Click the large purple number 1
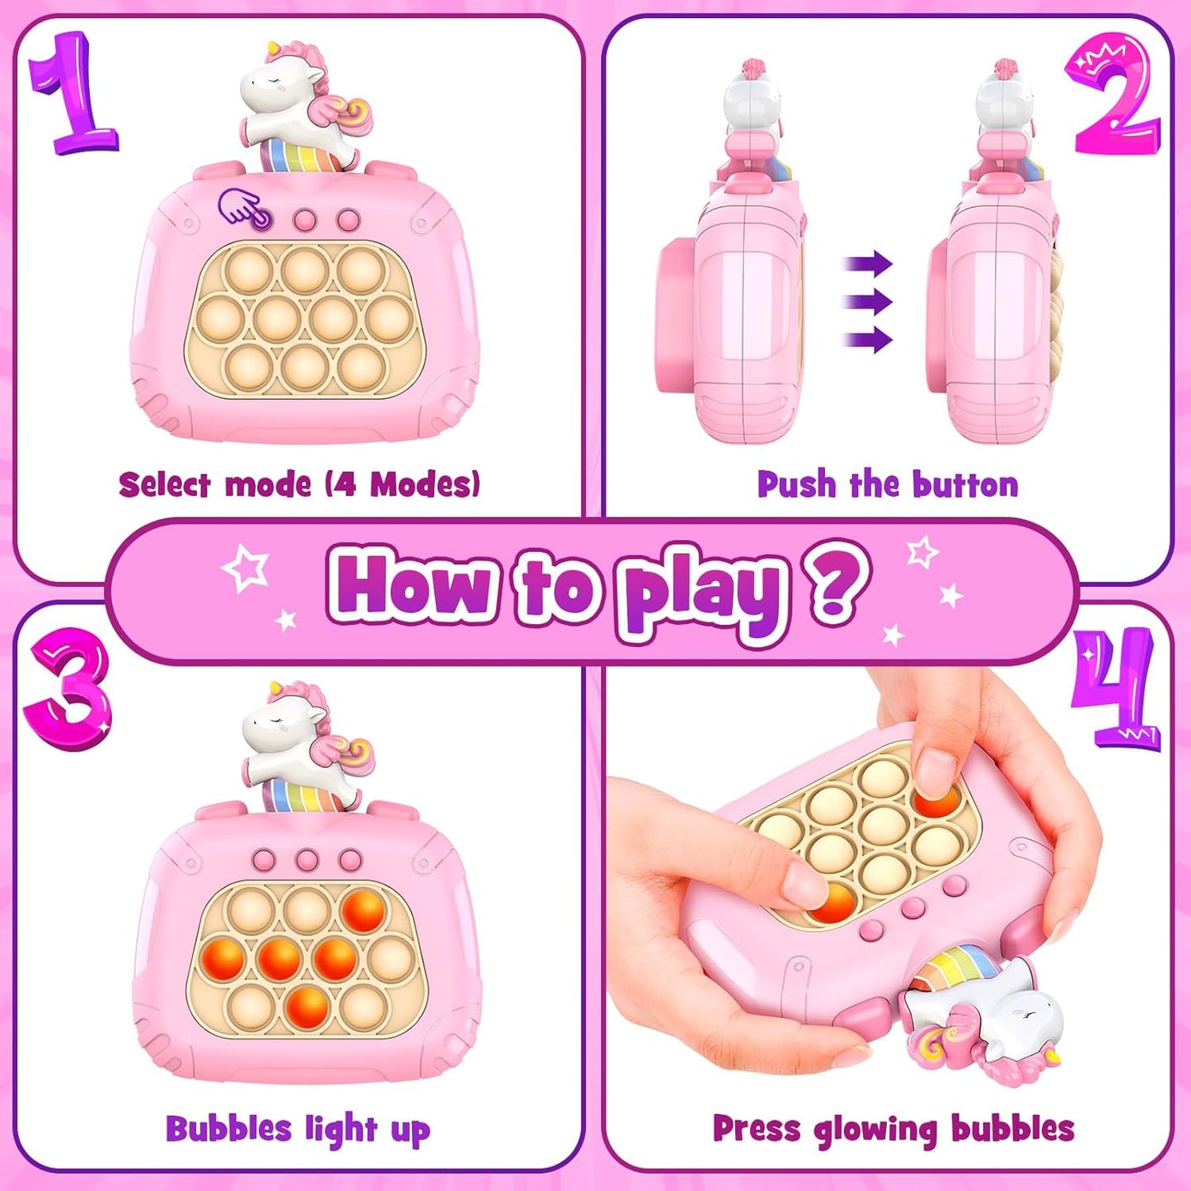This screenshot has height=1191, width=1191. [74, 95]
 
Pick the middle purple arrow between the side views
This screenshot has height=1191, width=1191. [869, 302]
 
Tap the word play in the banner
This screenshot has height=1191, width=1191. [701, 591]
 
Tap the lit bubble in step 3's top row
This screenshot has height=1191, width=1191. [363, 910]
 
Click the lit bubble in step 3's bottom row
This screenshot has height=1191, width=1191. [307, 1006]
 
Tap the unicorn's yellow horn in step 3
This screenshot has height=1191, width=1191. [273, 690]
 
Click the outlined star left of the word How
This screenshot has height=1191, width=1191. [246, 568]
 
